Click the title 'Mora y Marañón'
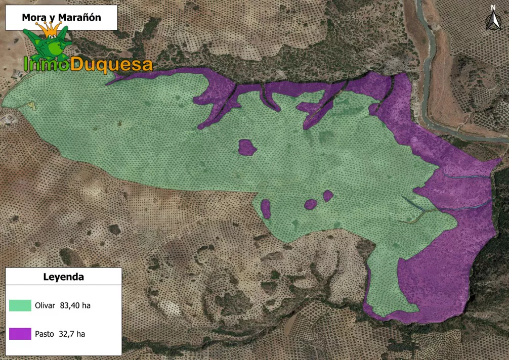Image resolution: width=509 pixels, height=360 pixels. click(x=61, y=18)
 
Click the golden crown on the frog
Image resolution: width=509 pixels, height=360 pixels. click(x=49, y=30)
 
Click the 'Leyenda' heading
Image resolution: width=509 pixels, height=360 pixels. click(x=63, y=277)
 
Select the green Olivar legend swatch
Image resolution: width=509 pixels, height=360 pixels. click(x=20, y=305)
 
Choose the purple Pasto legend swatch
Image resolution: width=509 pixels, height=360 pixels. click(x=20, y=334)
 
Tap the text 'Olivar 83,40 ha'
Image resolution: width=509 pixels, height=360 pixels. click(x=63, y=305)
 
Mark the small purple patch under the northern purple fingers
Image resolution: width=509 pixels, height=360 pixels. click(x=247, y=147)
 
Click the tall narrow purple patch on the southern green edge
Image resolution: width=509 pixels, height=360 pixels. click(x=266, y=208)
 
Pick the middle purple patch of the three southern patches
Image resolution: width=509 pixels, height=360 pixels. click(x=310, y=204)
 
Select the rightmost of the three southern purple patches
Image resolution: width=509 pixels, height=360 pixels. click(x=328, y=196)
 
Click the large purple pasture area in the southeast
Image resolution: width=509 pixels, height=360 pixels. click(x=440, y=273)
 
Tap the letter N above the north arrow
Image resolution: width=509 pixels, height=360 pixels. click(x=492, y=8)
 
